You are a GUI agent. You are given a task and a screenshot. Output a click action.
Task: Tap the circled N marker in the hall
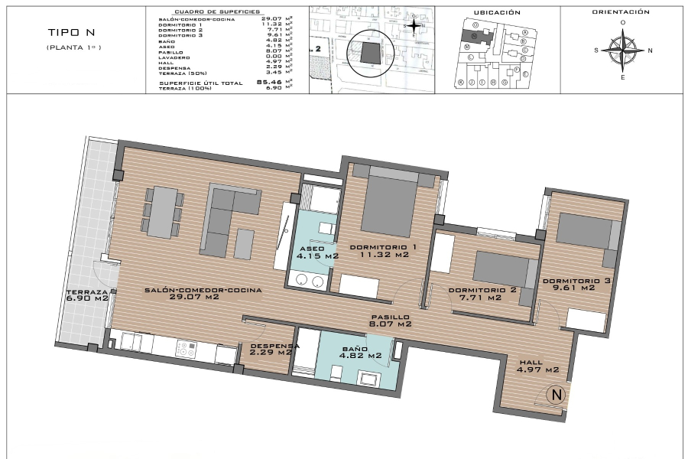click(x=557, y=396)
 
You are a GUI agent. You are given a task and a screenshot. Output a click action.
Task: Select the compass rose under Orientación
click(x=624, y=50)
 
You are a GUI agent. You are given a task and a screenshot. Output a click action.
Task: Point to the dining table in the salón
click(x=162, y=212)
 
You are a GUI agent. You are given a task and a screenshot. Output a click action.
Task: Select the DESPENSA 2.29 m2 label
click(x=271, y=350)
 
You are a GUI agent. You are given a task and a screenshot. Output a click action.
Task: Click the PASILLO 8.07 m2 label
click(x=391, y=321)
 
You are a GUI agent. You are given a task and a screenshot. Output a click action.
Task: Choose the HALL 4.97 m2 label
click(x=537, y=366)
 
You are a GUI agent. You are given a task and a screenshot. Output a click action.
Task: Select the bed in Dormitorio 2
click(x=501, y=269)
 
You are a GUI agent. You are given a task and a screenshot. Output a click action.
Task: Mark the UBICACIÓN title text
click(x=497, y=13)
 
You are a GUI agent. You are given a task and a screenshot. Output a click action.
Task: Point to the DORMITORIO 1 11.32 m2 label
click(x=383, y=251)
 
